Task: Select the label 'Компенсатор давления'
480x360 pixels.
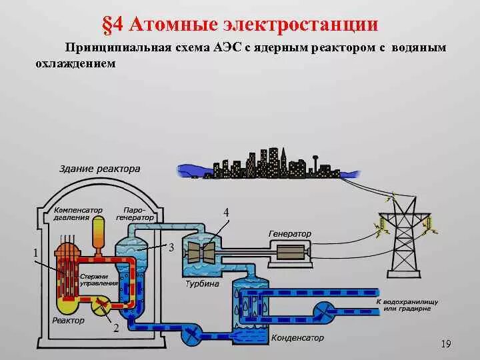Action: pyautogui.click(x=78, y=213)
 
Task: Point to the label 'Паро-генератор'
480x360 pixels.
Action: pyautogui.click(x=135, y=213)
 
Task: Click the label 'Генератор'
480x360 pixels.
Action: pyautogui.click(x=290, y=235)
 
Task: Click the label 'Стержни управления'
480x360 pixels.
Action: pyautogui.click(x=99, y=280)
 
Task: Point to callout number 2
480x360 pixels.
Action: pyautogui.click(x=115, y=328)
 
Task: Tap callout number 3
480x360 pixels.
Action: pyautogui.click(x=171, y=247)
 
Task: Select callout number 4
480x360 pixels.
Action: pyautogui.click(x=227, y=212)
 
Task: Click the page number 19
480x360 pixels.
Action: pyautogui.click(x=446, y=344)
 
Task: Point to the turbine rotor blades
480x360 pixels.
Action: pyautogui.click(x=201, y=253)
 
